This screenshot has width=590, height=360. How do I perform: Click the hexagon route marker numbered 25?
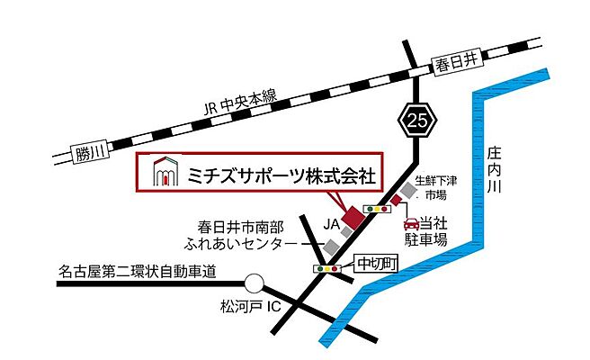point(418,118)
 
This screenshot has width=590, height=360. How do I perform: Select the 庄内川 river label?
point(494,171)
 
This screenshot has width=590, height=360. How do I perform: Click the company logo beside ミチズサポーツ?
point(162,171)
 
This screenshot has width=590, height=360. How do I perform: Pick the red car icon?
point(411,221)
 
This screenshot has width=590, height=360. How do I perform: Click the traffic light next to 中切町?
point(327,268)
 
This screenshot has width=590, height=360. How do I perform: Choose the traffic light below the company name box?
point(376,209)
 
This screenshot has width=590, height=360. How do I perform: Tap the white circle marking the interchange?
point(255,283)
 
